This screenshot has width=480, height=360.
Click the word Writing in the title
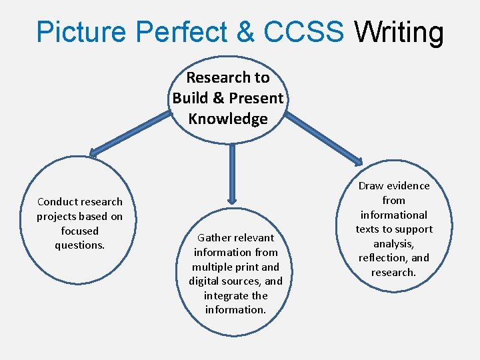[399, 32]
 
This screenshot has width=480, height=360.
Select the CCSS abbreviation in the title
[304, 32]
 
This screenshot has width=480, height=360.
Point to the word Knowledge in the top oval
[228, 119]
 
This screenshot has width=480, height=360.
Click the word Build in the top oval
[191, 98]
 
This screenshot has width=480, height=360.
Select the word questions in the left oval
[79, 245]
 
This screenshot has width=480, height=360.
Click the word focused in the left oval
[79, 231]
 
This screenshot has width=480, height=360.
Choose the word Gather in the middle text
[217, 237]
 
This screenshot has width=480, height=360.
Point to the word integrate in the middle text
[227, 295]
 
